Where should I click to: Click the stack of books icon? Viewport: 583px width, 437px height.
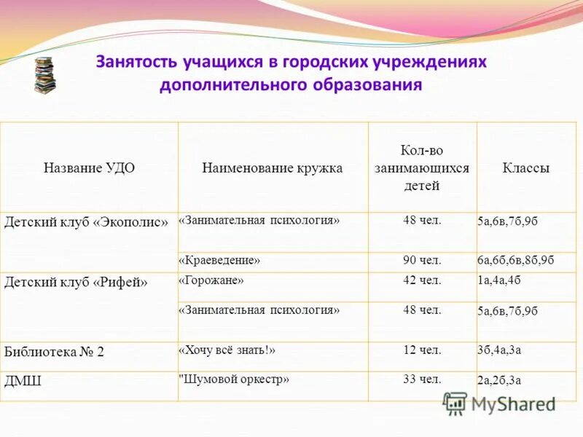coord(44,75)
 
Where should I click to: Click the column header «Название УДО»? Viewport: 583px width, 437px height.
coord(89,168)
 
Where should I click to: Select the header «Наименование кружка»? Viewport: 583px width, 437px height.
coord(272,168)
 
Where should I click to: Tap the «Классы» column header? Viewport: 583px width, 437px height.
coord(525,168)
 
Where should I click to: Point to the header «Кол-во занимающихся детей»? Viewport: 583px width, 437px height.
coord(422,168)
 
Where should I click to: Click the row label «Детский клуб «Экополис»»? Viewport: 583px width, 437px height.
coord(86,221)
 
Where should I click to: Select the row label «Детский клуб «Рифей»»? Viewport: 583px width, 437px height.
coord(76,282)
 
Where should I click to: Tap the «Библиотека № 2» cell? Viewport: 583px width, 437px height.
coord(55,352)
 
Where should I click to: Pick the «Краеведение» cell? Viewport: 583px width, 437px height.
coord(219,260)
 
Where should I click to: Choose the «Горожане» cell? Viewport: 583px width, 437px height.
coord(211,280)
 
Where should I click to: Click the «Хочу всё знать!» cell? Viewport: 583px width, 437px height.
coord(227,350)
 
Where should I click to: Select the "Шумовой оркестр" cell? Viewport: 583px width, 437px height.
coord(234,379)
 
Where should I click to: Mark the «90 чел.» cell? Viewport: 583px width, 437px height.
coord(422,260)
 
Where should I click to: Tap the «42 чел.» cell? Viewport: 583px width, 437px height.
coord(422,280)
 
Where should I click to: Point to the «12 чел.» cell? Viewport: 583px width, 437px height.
coord(422,350)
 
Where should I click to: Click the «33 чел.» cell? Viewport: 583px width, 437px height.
coord(422,379)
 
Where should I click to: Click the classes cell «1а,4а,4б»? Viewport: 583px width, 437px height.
coord(499,280)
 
